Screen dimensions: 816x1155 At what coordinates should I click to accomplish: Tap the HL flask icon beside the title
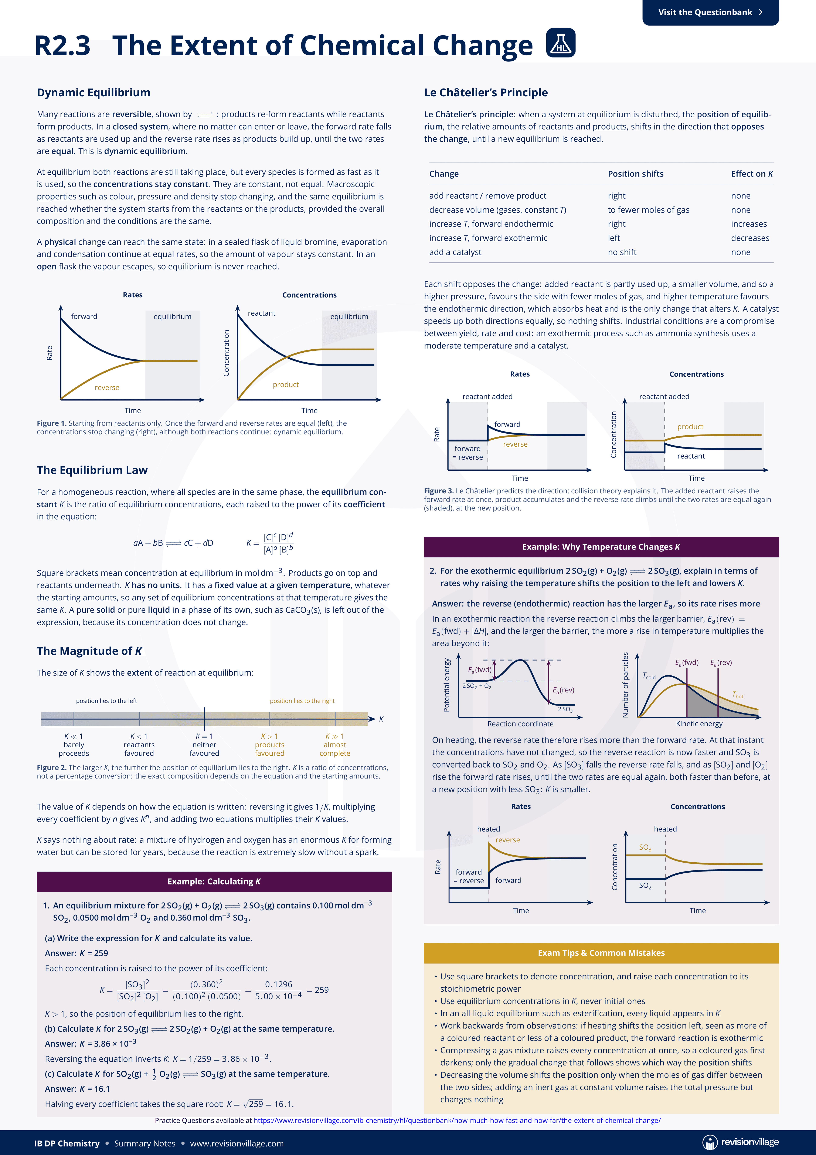tap(561, 43)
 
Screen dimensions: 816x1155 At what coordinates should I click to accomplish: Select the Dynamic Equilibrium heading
tap(93, 93)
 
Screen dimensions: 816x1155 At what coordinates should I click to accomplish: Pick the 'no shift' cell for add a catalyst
tap(622, 252)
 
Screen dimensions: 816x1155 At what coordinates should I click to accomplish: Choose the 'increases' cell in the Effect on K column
tap(749, 224)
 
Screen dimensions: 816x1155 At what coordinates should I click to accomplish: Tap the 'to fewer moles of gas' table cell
tap(649, 210)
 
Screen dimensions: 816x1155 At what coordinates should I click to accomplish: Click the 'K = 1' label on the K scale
tap(204, 736)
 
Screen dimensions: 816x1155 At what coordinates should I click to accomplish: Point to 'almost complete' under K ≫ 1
tap(335, 749)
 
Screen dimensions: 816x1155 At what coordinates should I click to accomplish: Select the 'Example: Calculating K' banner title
tap(214, 881)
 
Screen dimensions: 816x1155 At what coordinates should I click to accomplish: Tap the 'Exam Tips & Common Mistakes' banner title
tap(601, 953)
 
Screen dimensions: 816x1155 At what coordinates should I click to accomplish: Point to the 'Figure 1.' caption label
tap(52, 423)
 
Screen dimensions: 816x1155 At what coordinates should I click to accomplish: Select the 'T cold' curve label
tap(649, 676)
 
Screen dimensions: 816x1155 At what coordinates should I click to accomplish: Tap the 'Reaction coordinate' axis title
tap(520, 724)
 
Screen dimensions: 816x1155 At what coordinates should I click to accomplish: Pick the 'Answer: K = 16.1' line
tap(77, 1089)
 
